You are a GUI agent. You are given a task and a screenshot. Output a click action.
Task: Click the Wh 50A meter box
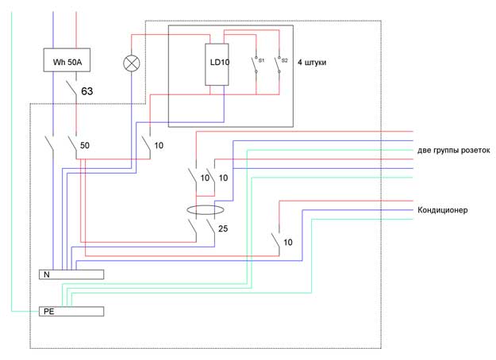pos(67,60)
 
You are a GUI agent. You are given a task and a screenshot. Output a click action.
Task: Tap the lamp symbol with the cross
pos(131,63)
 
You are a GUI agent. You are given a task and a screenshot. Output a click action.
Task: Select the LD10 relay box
pos(217,64)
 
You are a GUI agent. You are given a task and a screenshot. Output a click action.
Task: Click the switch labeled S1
pos(256,65)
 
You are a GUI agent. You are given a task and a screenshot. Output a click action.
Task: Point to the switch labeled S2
pos(279,65)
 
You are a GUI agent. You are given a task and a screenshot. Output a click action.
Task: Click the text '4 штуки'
pos(312,63)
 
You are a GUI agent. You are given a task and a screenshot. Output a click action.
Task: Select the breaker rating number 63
pos(87,91)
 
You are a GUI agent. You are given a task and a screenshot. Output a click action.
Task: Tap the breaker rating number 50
pos(84,145)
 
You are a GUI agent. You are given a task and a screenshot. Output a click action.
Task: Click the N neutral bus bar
pos(71,274)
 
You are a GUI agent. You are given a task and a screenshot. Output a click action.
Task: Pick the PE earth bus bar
pos(71,312)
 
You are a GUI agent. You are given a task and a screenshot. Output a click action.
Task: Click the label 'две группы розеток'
pos(454,151)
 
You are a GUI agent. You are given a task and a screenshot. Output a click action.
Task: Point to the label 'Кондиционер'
pos(443,210)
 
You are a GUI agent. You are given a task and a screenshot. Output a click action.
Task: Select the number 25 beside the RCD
pos(223,228)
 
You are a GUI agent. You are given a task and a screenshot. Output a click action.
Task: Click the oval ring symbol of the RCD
pos(206,205)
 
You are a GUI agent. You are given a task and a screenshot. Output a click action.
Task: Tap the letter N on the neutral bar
pos(47,274)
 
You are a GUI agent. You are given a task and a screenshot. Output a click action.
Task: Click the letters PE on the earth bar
pos(48,312)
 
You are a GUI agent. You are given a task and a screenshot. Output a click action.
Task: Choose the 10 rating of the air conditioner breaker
pos(288,243)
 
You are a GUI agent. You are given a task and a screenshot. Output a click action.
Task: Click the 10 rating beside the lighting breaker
pos(159,145)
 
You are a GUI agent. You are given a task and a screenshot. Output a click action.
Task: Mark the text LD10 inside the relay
pos(220,63)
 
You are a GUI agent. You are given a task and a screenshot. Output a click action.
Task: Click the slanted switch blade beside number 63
pos(71,87)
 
